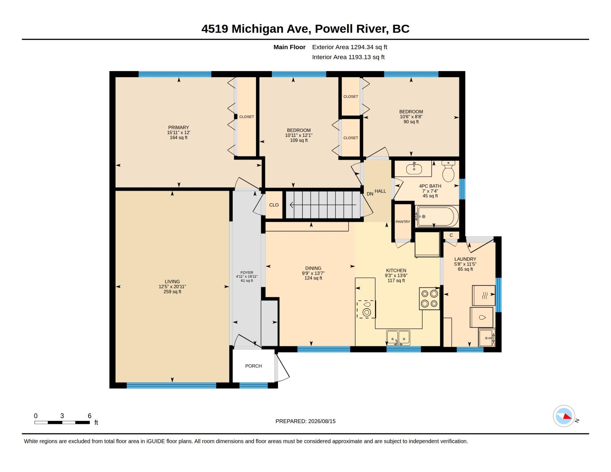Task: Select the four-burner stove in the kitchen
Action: (429, 298)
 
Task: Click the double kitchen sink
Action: (398, 338)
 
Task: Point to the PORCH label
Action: (254, 366)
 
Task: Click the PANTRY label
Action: (403, 222)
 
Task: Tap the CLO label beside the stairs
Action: (274, 205)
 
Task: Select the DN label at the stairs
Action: (370, 194)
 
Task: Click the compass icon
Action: (564, 416)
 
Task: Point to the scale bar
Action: (62, 423)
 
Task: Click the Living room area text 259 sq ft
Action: (172, 292)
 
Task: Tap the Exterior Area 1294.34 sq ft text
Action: (349, 47)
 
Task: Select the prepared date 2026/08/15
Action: (322, 421)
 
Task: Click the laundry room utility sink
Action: (487, 338)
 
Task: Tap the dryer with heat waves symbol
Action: (484, 295)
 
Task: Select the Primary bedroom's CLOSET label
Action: (247, 117)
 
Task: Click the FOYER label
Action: (247, 273)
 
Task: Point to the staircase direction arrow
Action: (323, 205)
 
